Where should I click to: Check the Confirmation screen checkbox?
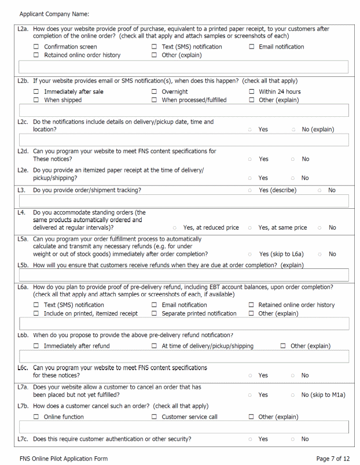click(36, 47)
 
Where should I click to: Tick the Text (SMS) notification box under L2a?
click(155, 47)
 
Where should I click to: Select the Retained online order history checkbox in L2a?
click(36, 56)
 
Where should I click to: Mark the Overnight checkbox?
click(155, 92)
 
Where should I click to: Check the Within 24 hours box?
click(252, 92)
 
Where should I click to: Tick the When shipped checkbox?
click(36, 100)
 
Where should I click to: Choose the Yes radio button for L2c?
click(249, 130)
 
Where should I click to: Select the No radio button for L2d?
click(293, 159)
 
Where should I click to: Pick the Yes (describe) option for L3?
click(249, 190)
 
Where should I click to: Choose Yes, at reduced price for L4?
click(174, 228)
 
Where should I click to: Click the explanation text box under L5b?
click(183, 275)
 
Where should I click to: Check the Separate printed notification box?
click(155, 313)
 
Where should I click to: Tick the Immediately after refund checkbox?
click(36, 346)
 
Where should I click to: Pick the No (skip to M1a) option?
click(293, 395)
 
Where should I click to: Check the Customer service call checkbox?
click(155, 417)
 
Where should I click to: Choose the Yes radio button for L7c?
click(249, 439)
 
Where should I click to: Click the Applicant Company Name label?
click(54, 13)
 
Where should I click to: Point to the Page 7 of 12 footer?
click(333, 459)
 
